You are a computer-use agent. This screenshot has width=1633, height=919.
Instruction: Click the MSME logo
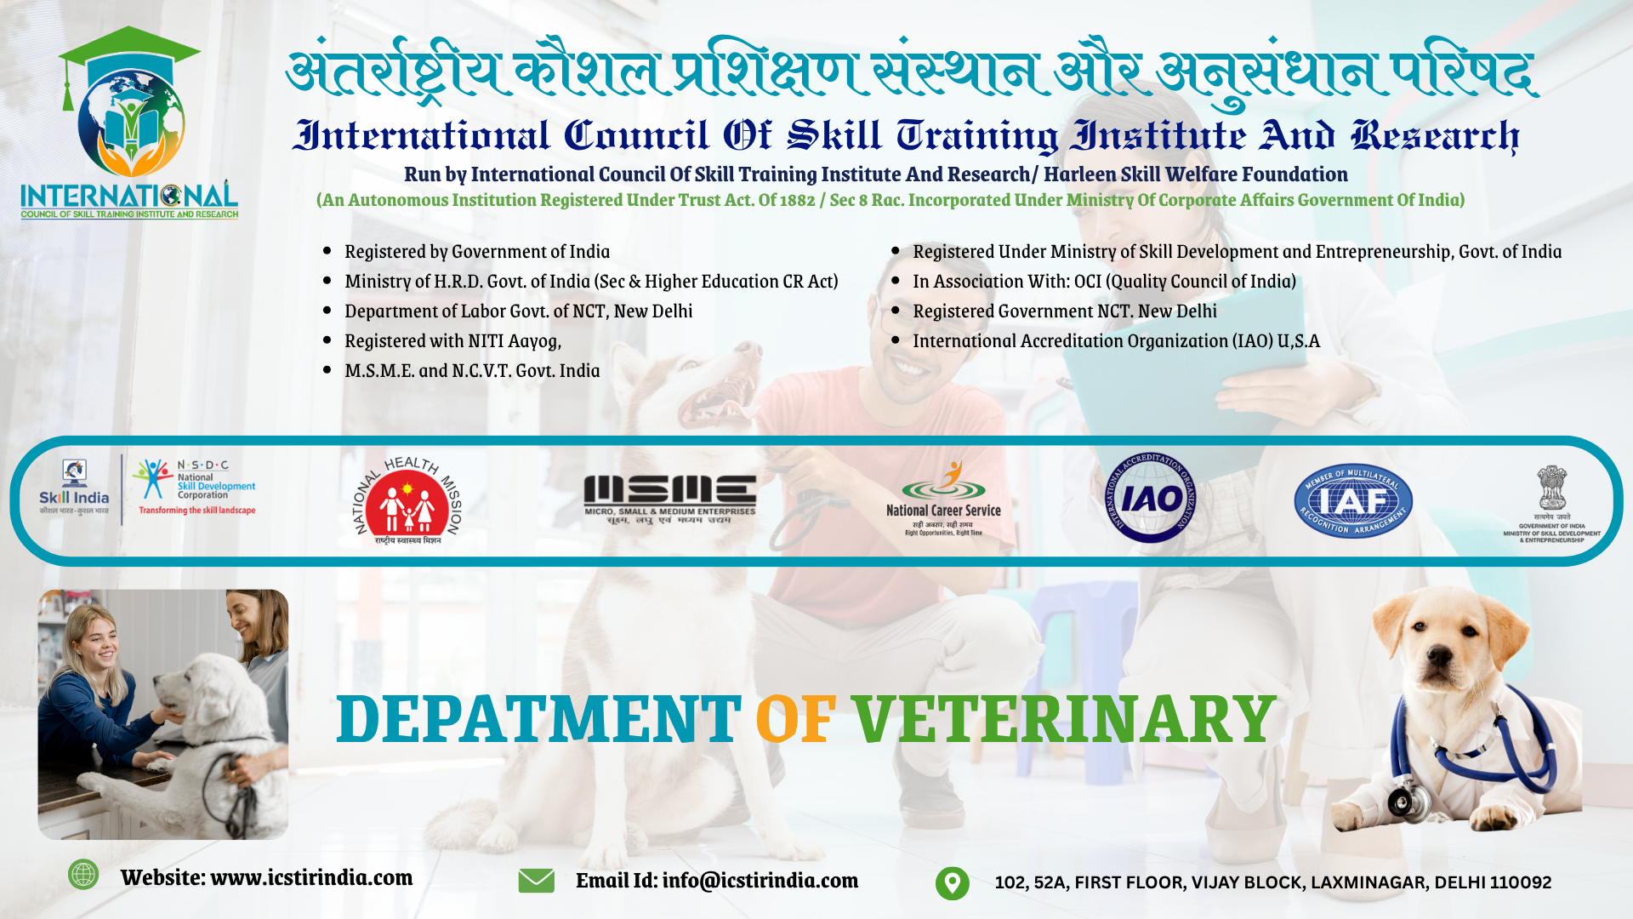[x=669, y=499]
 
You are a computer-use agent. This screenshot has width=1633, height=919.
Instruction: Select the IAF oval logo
[x=1352, y=501]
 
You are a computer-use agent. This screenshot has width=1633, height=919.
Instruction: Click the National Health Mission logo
[x=407, y=501]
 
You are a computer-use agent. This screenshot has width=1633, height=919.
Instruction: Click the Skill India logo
[x=74, y=488]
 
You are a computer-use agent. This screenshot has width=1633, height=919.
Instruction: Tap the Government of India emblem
[x=1551, y=489]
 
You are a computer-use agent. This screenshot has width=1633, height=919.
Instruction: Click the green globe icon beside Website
[x=83, y=875]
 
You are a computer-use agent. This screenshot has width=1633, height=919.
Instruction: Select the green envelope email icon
[x=536, y=881]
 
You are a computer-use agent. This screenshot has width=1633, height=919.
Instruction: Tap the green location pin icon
[x=952, y=882]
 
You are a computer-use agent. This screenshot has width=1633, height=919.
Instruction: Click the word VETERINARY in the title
[x=1063, y=719]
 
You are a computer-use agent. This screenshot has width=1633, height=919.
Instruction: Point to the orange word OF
[x=795, y=719]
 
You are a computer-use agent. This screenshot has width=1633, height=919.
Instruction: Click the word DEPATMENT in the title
[x=538, y=719]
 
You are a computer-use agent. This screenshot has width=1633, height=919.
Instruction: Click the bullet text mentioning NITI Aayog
[x=452, y=341]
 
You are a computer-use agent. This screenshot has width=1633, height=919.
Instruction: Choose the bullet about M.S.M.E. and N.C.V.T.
[x=472, y=371]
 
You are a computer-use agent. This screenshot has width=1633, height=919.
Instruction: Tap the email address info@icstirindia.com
[x=760, y=881]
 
